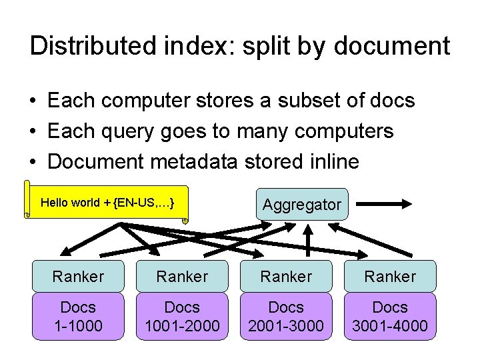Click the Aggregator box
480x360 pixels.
pyautogui.click(x=301, y=205)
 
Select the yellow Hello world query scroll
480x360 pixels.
pyautogui.click(x=107, y=202)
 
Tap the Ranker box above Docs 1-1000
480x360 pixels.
pyautogui.click(x=78, y=276)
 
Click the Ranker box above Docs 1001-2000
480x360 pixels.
pyautogui.click(x=182, y=276)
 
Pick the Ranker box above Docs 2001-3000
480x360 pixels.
pyautogui.click(x=286, y=276)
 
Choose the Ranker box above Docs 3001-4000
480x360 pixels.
pyautogui.click(x=390, y=276)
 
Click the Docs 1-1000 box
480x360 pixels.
pyautogui.click(x=78, y=317)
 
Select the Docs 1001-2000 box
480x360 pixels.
pyautogui.click(x=182, y=317)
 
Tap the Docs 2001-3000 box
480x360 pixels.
pyautogui.click(x=286, y=317)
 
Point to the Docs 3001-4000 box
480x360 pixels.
pyautogui.click(x=390, y=317)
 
